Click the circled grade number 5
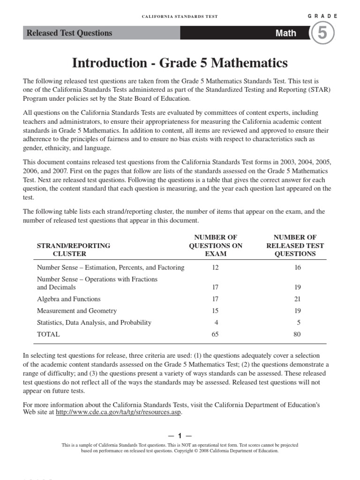(x=323, y=34)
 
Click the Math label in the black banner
(x=285, y=33)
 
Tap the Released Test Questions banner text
(x=69, y=33)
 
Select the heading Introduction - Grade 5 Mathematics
(x=180, y=63)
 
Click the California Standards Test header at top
(x=180, y=16)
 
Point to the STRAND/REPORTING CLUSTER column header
(x=73, y=249)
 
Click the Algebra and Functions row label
(x=68, y=299)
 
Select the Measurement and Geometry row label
(x=77, y=311)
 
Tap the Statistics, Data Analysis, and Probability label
(x=94, y=322)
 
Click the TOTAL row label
(x=48, y=334)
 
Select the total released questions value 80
(x=297, y=334)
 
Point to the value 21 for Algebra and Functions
(x=297, y=299)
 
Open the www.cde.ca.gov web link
(x=118, y=412)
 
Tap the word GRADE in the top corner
(x=322, y=16)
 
